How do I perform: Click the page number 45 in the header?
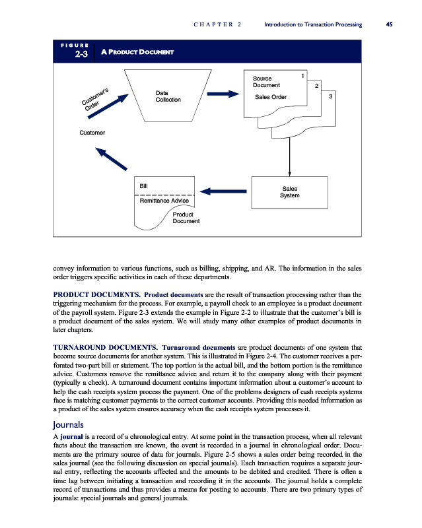389,24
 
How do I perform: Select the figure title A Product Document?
137,51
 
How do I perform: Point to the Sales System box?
289,192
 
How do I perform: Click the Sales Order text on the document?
270,98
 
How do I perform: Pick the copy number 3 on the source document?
330,97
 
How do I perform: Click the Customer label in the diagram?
92,133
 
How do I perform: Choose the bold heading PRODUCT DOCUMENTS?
95,293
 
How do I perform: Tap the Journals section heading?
71,425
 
